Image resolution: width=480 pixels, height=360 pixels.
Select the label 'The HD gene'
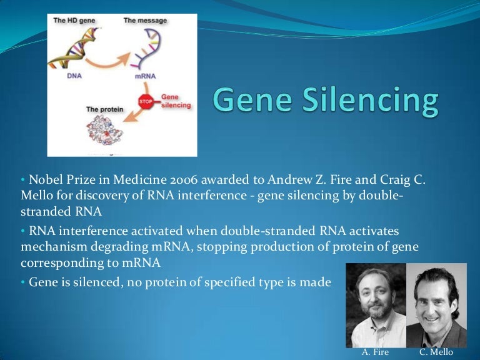[74, 21]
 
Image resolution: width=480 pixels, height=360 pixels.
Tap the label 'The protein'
[103, 109]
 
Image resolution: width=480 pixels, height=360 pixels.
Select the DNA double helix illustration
[75, 47]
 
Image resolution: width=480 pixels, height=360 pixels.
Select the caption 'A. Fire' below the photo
[375, 352]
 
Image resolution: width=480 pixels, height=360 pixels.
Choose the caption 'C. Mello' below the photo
[436, 352]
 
